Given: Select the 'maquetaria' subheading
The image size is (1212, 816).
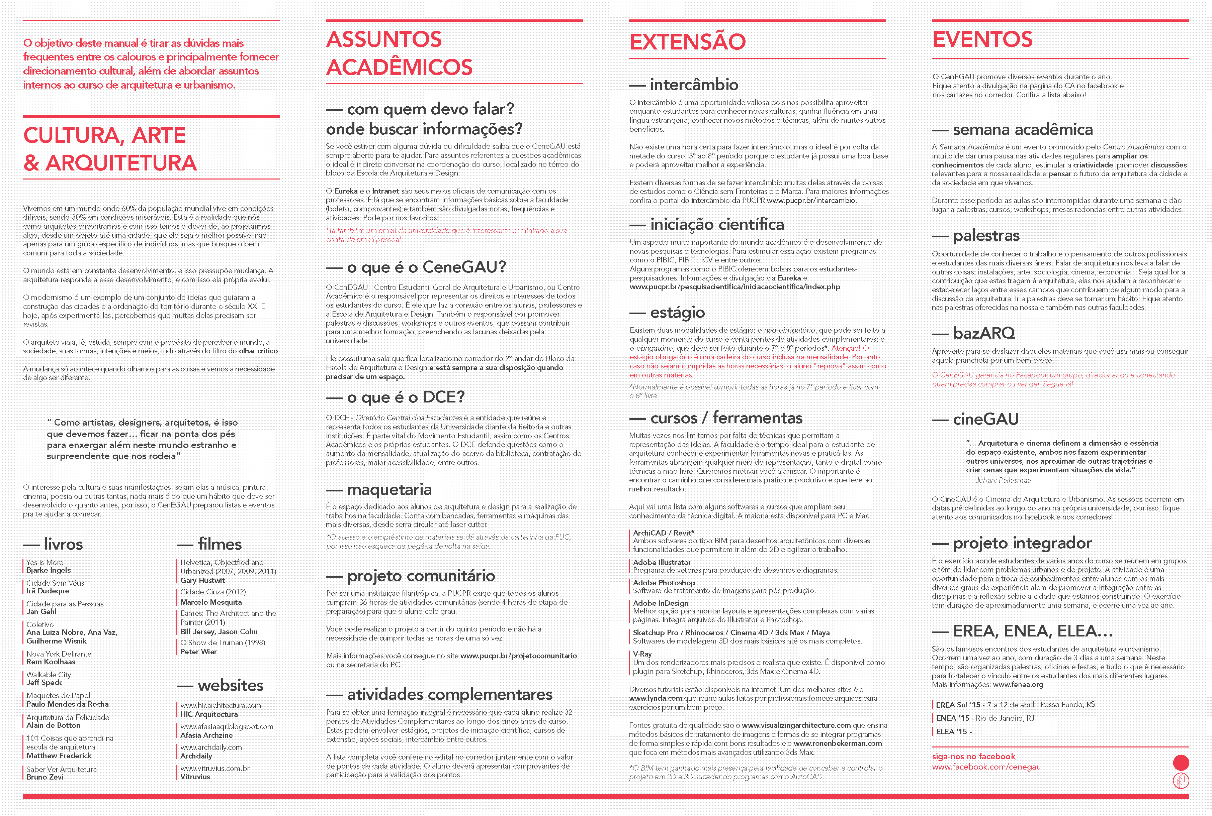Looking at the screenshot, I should [x=389, y=490].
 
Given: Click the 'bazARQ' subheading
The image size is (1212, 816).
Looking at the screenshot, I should [x=983, y=333].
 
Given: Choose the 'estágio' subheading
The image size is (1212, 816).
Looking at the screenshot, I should [x=677, y=313].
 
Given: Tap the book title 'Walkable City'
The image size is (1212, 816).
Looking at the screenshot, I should [x=49, y=675].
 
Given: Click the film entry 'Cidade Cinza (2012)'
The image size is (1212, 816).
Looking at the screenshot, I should [x=213, y=592].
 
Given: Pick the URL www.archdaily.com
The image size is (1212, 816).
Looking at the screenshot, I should [x=211, y=747].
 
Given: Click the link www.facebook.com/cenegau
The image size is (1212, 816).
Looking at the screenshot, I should [x=986, y=767].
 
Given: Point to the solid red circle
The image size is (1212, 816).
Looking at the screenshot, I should [x=1181, y=763].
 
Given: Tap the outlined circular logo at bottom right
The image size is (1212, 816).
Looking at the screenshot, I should [x=1181, y=781].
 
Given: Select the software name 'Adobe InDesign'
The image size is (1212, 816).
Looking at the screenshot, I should [x=661, y=603].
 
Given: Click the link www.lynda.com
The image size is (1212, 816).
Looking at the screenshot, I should [x=655, y=698].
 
